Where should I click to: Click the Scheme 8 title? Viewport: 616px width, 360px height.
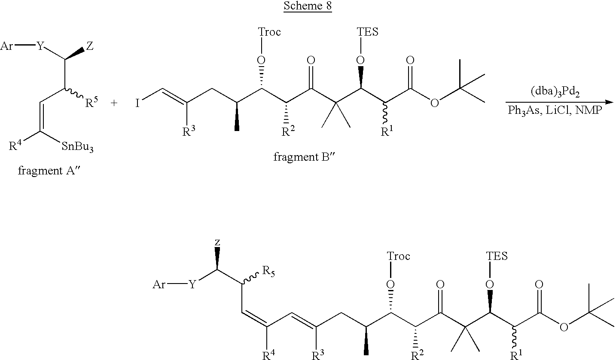coord(308,6)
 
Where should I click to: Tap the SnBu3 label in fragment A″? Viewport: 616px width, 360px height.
coord(78,147)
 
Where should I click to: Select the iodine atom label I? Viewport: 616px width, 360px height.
coord(137,104)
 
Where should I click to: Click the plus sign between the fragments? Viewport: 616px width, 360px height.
coord(114,103)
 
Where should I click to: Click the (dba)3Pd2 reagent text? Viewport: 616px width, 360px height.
coord(555,92)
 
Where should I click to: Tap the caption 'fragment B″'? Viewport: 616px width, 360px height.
coord(305,157)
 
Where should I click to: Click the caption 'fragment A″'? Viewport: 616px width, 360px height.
coord(49,171)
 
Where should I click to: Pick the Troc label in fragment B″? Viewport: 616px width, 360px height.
coord(269,32)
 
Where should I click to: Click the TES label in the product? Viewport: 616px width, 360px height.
coord(497,256)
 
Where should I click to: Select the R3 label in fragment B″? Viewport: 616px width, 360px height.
coord(189,131)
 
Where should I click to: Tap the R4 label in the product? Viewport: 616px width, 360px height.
coord(268,355)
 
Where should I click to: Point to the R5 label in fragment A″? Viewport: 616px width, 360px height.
coord(91,102)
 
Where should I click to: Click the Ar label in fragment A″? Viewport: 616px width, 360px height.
coord(6,46)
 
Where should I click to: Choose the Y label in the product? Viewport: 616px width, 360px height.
coord(192,284)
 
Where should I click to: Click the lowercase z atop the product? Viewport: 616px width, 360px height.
coord(217,242)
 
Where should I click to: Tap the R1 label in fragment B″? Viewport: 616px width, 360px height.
coord(387,131)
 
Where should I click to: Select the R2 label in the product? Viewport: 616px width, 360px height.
coord(417,355)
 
